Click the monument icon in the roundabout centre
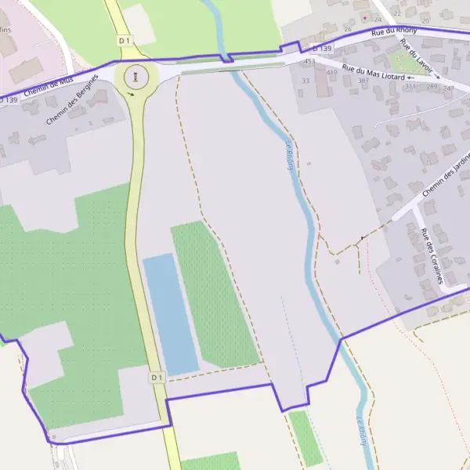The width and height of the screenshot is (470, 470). point(137,77)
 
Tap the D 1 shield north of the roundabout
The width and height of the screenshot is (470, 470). point(123,40)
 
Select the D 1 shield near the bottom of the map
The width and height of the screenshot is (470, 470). point(156,378)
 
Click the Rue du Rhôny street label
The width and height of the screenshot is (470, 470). point(394,31)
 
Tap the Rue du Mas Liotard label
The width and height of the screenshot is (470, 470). point(372,74)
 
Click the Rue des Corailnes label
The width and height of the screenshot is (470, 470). point(432,255)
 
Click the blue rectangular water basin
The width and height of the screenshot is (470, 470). point(170,313)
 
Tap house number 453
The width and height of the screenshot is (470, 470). point(309,60)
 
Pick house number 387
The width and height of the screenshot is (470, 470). point(363,81)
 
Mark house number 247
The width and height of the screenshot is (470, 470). point(448,89)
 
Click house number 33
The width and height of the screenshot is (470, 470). point(305,81)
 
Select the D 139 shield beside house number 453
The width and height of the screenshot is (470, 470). point(321,49)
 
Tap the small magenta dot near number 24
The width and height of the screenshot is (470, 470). point(363,16)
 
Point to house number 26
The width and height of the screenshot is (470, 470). point(348,30)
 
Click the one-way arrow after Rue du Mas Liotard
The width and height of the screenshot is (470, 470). point(410,78)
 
